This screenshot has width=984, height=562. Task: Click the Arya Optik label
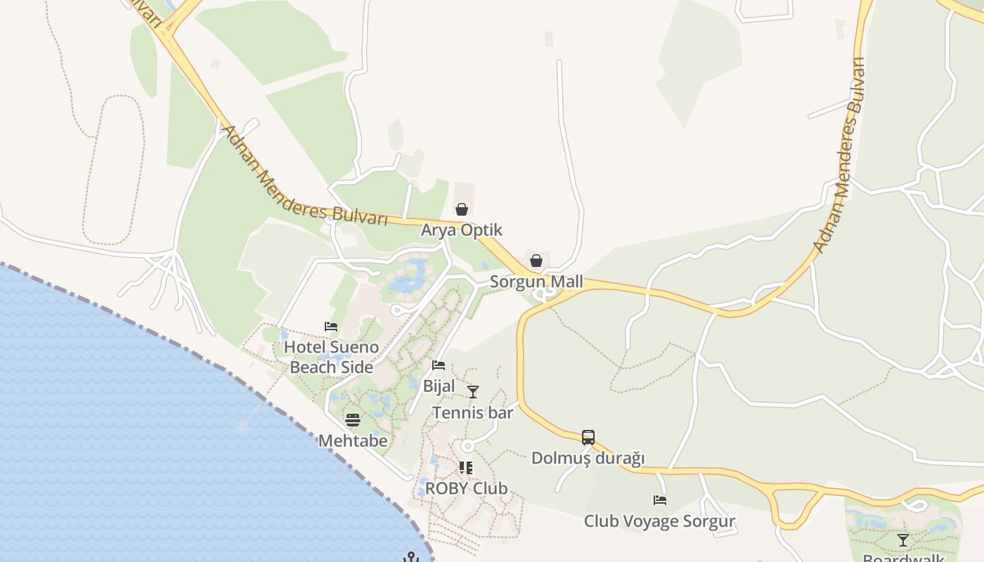(x=462, y=230)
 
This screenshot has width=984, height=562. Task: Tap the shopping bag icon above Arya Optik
(x=462, y=209)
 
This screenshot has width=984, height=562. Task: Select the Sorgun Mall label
(x=536, y=282)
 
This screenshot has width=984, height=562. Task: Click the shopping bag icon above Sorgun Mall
(x=536, y=261)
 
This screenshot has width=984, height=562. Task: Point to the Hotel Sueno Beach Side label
(x=331, y=357)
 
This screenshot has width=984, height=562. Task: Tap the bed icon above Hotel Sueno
(x=331, y=326)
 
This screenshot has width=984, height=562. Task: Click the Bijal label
(x=439, y=386)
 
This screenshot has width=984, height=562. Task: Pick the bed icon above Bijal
(x=439, y=365)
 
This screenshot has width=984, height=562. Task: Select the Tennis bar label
(x=473, y=412)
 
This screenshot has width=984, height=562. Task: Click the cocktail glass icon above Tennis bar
(x=473, y=391)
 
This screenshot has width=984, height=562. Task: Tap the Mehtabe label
(x=353, y=440)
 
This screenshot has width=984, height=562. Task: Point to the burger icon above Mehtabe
(x=353, y=420)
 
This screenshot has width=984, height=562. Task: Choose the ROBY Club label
(x=466, y=488)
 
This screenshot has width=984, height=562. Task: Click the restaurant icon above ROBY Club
(x=466, y=467)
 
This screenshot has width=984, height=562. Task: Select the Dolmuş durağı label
(x=588, y=458)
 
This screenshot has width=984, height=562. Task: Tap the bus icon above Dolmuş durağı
(x=588, y=438)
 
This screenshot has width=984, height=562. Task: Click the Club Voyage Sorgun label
(x=659, y=521)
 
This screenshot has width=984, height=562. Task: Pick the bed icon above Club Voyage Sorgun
(x=659, y=500)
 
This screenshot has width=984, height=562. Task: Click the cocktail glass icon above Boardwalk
(x=903, y=540)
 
